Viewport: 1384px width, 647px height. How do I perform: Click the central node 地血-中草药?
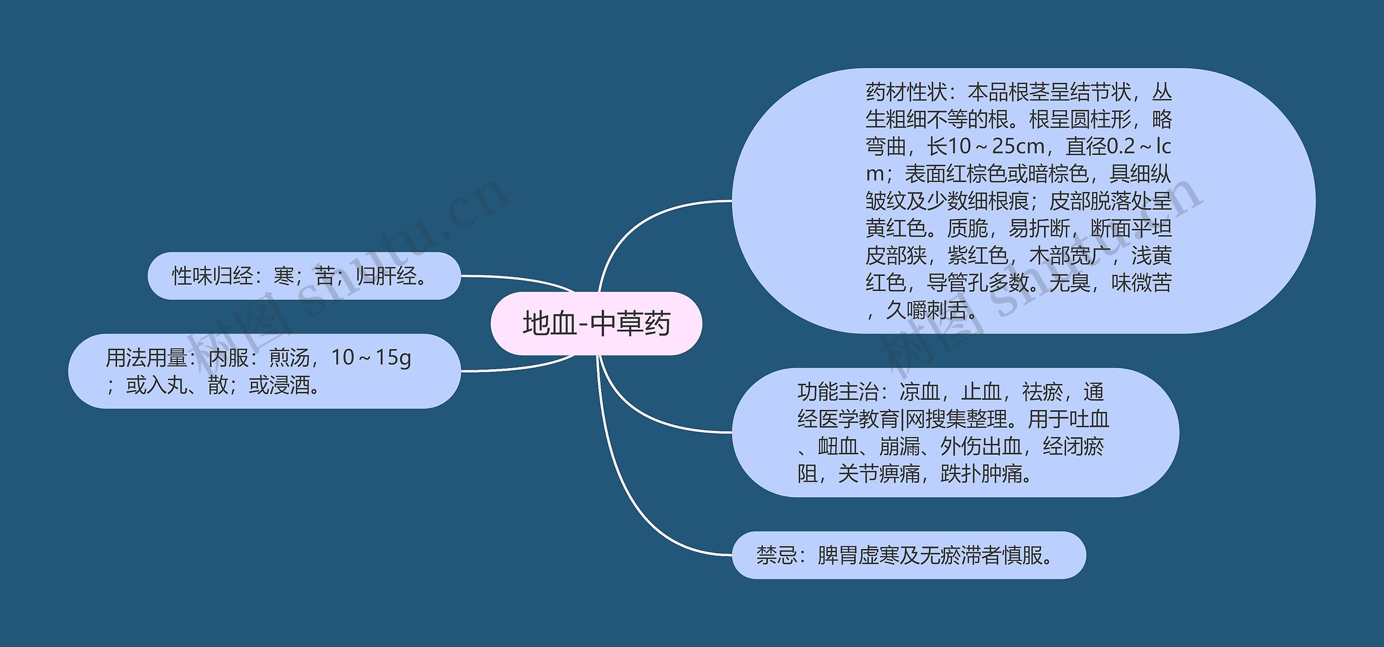[596, 324]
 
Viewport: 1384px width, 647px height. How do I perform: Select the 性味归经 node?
[304, 276]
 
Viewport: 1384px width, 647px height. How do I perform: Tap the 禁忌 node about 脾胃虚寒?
[909, 556]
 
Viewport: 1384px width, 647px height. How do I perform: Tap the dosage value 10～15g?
[371, 358]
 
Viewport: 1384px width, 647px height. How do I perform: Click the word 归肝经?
[387, 276]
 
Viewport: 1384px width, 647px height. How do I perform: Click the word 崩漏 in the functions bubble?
[900, 446]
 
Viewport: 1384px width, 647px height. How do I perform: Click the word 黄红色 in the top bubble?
[896, 229]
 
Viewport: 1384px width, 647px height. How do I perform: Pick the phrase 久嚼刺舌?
[927, 310]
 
